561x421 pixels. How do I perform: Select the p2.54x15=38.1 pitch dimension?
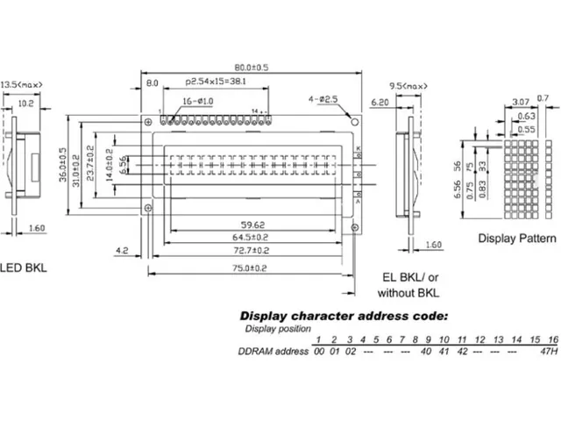[216, 82]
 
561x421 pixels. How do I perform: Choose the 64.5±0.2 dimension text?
[250, 238]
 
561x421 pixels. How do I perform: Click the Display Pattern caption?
[517, 239]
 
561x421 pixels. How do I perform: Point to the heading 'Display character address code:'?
[344, 315]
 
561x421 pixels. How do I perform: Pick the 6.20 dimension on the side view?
[380, 103]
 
